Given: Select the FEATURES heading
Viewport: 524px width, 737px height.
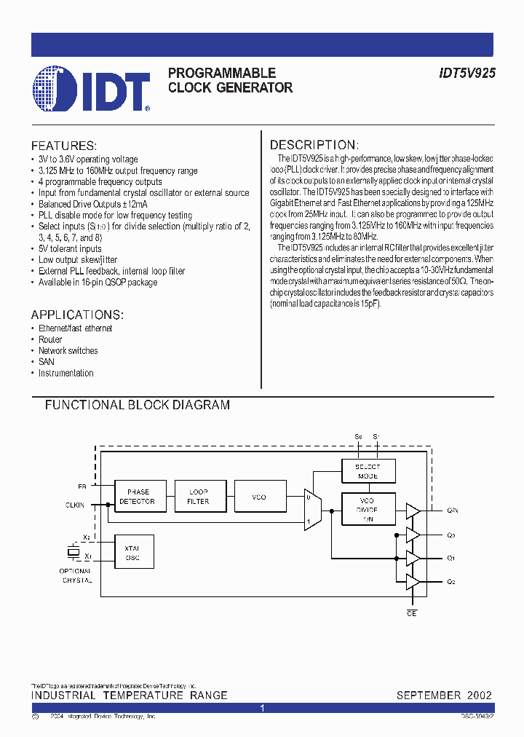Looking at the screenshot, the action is (64, 146).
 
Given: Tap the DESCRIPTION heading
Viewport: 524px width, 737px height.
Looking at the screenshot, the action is (314, 145).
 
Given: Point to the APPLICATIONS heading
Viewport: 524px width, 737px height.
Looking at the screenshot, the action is (77, 315).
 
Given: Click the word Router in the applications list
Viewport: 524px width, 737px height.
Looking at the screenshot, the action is (50, 339).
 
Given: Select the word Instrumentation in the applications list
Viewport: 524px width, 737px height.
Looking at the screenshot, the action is (66, 373).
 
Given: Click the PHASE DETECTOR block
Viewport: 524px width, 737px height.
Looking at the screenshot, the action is (137, 497).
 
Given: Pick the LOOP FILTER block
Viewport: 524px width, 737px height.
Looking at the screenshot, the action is (198, 497).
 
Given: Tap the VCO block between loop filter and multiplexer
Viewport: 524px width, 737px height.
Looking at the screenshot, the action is (259, 497).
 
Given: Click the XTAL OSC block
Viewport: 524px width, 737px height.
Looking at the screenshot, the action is (132, 553).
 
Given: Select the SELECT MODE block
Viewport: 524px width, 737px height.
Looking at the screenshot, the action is (368, 470).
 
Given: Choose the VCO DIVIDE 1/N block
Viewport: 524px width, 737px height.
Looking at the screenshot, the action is (368, 509).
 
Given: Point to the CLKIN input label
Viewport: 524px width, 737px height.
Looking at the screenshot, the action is (75, 503).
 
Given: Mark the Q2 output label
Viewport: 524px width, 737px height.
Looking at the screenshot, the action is (451, 582).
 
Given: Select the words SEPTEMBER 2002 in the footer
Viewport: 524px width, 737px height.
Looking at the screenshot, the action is (444, 695).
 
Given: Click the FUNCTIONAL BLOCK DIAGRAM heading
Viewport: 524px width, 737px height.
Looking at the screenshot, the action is (138, 405).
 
